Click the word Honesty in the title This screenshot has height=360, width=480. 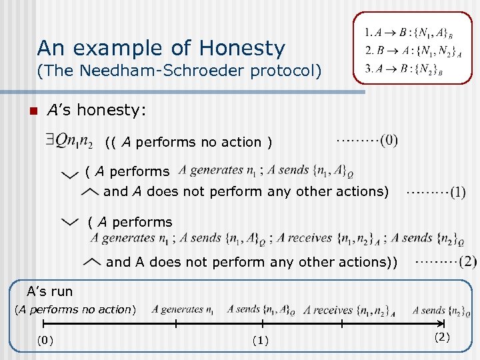tap(246, 48)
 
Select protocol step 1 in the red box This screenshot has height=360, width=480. tap(409, 33)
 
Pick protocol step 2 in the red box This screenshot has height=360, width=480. tap(409, 51)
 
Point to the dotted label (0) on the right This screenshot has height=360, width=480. tap(367, 140)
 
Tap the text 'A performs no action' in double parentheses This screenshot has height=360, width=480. tap(189, 142)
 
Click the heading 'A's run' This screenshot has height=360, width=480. tap(49, 291)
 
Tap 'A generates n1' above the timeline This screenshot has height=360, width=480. tap(183, 309)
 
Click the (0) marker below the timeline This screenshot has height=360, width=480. tap(45, 341)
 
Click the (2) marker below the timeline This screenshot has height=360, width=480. tap(443, 337)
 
